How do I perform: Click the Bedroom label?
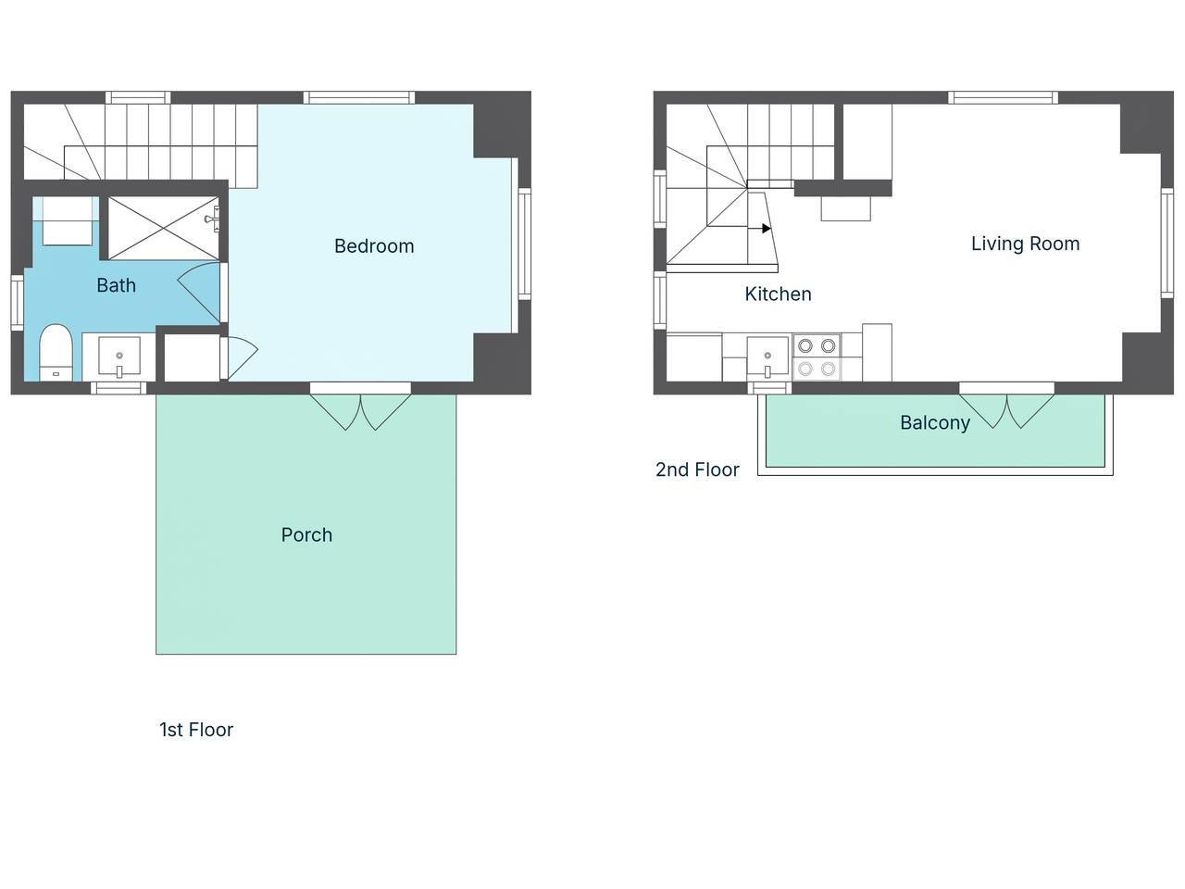(374, 246)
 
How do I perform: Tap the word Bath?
(116, 285)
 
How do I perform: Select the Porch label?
(306, 535)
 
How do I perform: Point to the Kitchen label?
(778, 294)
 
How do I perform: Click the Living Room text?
(1025, 244)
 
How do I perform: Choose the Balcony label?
(935, 422)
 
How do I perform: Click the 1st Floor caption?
(196, 730)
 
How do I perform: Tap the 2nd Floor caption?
(697, 470)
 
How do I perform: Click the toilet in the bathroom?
(56, 353)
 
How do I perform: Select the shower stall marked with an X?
(164, 229)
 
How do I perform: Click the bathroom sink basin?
(119, 357)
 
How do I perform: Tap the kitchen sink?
(767, 357)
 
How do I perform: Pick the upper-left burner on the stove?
(805, 345)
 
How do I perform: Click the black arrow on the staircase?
(766, 229)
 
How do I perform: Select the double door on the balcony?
(1007, 411)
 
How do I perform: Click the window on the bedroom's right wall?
(525, 244)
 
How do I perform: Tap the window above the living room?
(1003, 98)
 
